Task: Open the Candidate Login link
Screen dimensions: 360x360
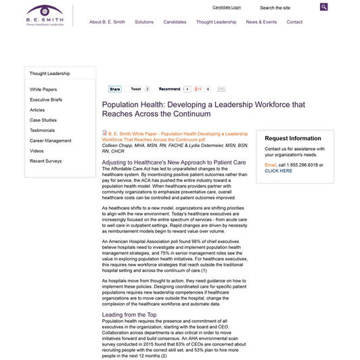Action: coord(226,7)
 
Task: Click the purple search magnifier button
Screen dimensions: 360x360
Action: coord(324,7)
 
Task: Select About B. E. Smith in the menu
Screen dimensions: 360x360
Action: coord(106,22)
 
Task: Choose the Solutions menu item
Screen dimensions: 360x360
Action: coord(144,22)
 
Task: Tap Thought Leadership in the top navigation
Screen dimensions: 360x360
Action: coord(216,22)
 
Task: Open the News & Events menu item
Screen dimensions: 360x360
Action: coord(261,22)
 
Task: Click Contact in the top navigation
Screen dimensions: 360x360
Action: coord(294,22)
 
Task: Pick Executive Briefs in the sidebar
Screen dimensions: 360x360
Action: coord(46,99)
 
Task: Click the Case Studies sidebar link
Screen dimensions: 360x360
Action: coord(43,120)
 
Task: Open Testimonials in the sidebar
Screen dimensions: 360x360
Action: coord(43,130)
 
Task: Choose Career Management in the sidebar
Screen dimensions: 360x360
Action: coord(50,141)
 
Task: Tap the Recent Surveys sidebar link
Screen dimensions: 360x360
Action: coord(46,161)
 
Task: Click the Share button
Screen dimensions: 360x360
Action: coord(114,89)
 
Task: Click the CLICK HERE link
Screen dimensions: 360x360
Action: coord(279,171)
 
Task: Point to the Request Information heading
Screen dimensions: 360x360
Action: coord(293,138)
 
